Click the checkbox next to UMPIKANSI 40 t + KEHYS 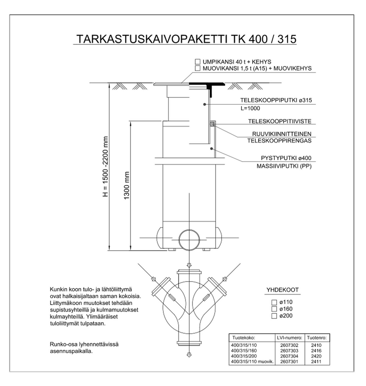point(197,62)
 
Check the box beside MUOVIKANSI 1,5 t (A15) point(197,68)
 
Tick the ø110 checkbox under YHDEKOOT point(274,302)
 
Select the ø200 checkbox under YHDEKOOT point(274,316)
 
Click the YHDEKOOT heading point(282,290)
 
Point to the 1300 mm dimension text point(127,185)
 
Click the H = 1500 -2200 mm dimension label point(105,167)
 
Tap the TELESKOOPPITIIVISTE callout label point(280,121)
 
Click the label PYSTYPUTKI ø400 point(286,158)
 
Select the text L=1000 point(250,108)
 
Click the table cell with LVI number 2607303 point(289,351)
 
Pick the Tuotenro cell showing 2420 point(316,356)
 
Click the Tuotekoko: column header point(243,338)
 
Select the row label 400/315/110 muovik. point(252,362)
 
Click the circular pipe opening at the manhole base point(189,240)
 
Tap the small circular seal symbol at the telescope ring point(212,124)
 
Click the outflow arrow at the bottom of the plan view point(189,355)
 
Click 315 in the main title point(287,39)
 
